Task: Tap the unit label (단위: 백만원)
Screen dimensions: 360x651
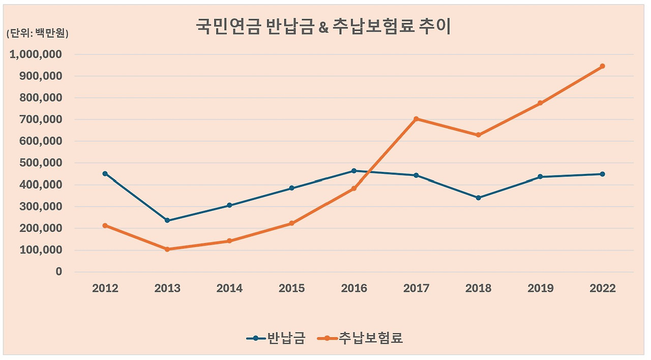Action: (37, 34)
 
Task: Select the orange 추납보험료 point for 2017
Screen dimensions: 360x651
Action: (416, 119)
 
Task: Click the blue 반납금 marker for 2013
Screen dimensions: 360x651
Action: (167, 221)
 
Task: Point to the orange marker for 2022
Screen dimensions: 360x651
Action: (602, 66)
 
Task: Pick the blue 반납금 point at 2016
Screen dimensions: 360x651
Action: (354, 171)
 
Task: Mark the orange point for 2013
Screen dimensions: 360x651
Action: (167, 249)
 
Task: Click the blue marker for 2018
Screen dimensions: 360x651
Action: (478, 198)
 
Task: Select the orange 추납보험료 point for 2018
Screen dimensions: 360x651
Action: (478, 135)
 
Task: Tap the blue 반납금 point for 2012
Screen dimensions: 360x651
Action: (105, 173)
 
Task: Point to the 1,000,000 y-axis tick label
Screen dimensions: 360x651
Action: (36, 54)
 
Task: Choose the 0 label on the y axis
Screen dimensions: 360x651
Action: (58, 272)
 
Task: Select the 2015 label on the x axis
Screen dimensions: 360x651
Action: (291, 288)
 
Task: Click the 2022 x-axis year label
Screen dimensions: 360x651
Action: (602, 288)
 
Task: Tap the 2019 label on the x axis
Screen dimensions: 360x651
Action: (540, 288)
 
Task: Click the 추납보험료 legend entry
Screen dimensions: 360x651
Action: (361, 338)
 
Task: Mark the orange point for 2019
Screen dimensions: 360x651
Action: (540, 103)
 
